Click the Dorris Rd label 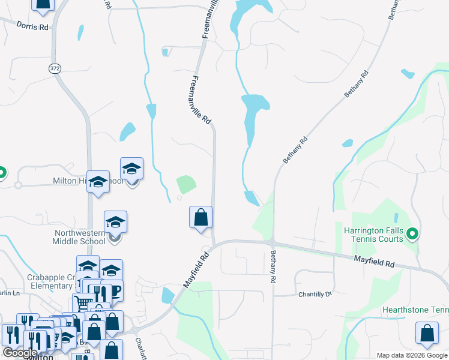click(32, 26)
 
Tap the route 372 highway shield click(55, 68)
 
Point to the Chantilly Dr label click(315, 295)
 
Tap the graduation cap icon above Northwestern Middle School click(115, 221)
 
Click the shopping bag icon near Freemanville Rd click(201, 217)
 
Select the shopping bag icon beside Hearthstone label click(427, 334)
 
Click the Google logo click(20, 353)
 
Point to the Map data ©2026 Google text click(411, 355)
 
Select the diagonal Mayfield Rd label click(196, 269)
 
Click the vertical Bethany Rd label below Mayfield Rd click(273, 267)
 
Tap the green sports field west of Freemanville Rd click(186, 184)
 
